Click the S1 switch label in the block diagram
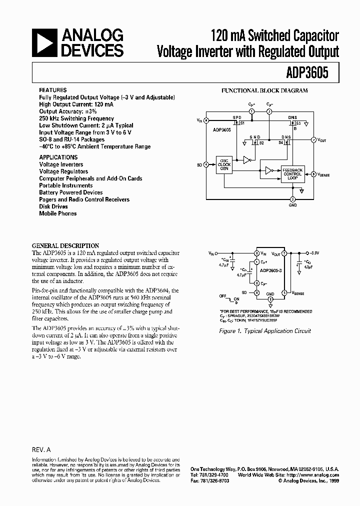(242, 123)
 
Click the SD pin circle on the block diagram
(206, 163)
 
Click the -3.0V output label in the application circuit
(314, 254)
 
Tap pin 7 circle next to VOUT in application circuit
(284, 254)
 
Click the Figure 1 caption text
(272, 331)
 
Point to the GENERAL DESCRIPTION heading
(65, 246)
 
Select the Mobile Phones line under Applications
(58, 213)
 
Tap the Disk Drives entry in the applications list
(54, 206)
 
